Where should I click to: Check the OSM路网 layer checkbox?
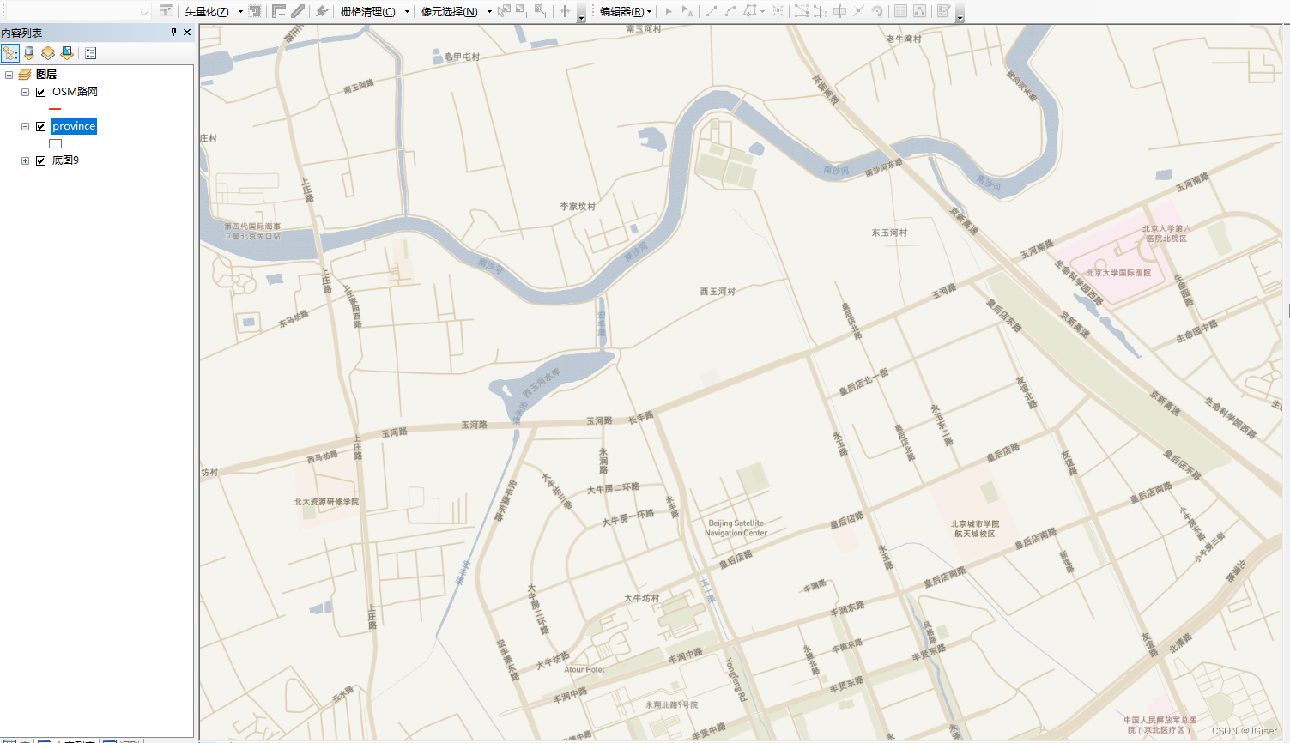(x=40, y=92)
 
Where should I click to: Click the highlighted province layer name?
(x=74, y=126)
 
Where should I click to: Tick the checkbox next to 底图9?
(x=40, y=160)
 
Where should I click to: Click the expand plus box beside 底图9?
(x=25, y=160)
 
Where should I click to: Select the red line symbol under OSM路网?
(x=55, y=109)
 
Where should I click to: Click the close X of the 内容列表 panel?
(x=187, y=33)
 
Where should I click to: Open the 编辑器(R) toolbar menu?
(x=625, y=11)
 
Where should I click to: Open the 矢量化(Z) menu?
(x=208, y=11)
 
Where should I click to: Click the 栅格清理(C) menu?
(x=368, y=11)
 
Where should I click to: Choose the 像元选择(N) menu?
(x=450, y=11)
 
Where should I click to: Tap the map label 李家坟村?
(x=578, y=207)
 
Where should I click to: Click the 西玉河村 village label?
(x=718, y=292)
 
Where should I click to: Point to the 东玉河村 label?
(x=889, y=233)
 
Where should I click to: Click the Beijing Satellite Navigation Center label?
(x=736, y=528)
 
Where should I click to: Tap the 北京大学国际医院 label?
(x=1118, y=273)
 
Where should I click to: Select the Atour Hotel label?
(x=584, y=669)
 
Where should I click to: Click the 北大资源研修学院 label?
(x=326, y=502)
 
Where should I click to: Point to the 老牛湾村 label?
(x=904, y=39)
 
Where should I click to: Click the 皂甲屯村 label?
(x=463, y=57)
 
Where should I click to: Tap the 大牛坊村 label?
(x=642, y=598)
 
